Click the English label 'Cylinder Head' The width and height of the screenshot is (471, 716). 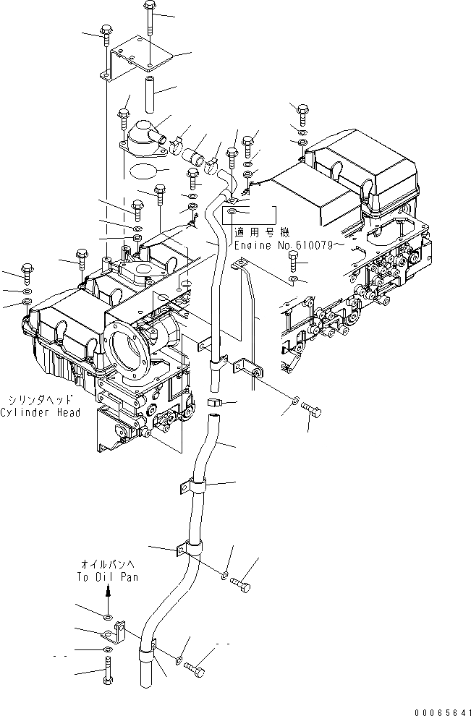coord(41,412)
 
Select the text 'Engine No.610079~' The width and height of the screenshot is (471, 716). coord(282,246)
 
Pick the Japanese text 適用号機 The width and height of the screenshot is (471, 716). coord(262,233)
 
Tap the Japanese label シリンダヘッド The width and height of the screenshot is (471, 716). coord(41,399)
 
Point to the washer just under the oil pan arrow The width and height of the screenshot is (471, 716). coord(107,618)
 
